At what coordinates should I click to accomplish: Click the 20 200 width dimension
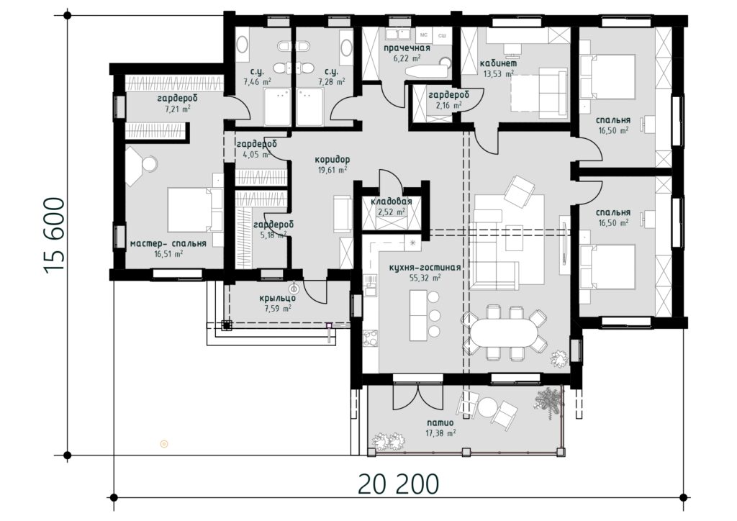click(x=398, y=484)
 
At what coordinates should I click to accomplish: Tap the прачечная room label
click(x=407, y=48)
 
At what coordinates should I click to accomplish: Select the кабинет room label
click(x=498, y=63)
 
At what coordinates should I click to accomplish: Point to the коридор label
click(x=333, y=160)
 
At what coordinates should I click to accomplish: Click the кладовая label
click(x=391, y=201)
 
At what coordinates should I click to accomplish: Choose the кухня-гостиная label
click(x=425, y=268)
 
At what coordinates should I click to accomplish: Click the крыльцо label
click(x=277, y=299)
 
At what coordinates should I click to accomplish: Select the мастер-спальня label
click(x=168, y=244)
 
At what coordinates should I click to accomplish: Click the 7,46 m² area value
click(x=257, y=82)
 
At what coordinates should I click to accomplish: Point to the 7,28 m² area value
click(x=331, y=82)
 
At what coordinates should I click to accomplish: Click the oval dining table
click(x=502, y=332)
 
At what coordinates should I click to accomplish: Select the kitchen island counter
click(x=418, y=316)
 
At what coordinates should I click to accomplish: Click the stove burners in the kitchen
click(x=370, y=338)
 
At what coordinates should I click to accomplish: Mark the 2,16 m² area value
click(x=448, y=106)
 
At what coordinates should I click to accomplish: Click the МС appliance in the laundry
click(x=423, y=35)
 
